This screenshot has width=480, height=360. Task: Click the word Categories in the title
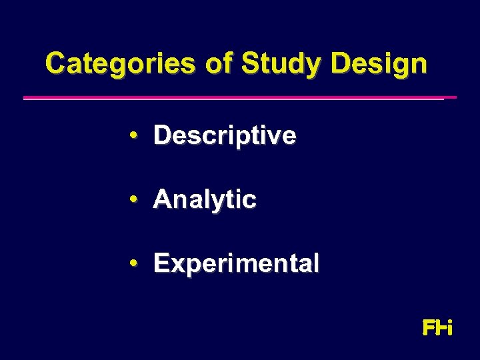[120, 64]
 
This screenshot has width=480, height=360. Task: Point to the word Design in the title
[378, 65]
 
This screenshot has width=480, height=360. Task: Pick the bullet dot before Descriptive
[135, 135]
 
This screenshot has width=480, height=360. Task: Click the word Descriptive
[225, 136]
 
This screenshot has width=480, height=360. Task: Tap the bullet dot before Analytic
[135, 199]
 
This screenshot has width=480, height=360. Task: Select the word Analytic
[205, 199]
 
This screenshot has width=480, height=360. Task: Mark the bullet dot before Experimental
[135, 263]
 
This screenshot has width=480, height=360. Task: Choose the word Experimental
[236, 263]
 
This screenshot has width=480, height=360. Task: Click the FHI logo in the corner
[438, 328]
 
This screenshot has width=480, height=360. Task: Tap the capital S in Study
[251, 64]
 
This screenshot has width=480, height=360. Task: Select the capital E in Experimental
[161, 263]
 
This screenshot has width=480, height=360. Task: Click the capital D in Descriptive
[162, 135]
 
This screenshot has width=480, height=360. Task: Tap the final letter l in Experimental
[316, 263]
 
